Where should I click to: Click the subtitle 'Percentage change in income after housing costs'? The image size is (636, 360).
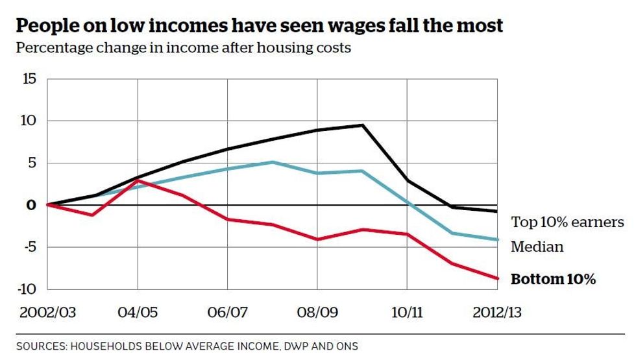point(183,48)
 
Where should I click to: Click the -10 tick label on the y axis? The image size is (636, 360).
point(29,289)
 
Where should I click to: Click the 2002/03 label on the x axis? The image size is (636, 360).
point(47,313)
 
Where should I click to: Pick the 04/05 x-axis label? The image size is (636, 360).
point(138,313)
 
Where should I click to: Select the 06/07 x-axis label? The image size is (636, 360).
point(228,313)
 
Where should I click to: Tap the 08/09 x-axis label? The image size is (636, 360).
point(317,313)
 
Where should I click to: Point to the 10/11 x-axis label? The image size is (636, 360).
point(407,313)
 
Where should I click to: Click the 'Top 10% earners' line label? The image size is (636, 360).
point(567,222)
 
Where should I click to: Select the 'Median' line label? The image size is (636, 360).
point(537,247)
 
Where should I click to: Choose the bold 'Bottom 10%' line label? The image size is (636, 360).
point(553,280)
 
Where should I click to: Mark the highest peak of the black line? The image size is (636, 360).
point(362,125)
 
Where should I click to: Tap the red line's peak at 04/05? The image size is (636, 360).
point(138,181)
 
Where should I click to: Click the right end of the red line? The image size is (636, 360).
point(497,278)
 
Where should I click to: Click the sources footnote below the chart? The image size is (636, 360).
point(187,346)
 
